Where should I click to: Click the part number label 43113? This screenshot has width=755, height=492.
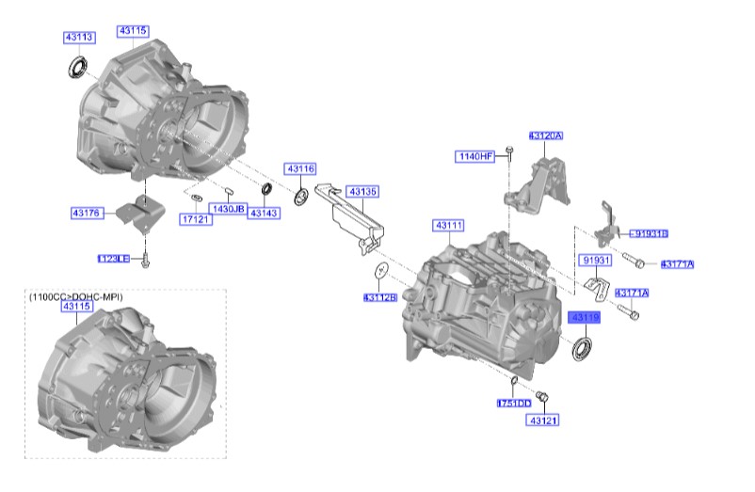point(79,38)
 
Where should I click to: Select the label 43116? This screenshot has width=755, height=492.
point(300,169)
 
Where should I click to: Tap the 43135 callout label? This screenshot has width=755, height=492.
point(362,192)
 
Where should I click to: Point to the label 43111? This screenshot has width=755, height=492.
point(449,226)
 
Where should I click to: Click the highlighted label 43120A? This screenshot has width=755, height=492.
point(545,136)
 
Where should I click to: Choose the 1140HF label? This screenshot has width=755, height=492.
point(475,156)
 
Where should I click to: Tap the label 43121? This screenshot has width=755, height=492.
point(543,421)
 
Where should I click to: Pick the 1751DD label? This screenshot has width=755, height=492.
point(514,403)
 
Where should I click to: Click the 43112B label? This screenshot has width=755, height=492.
point(380,297)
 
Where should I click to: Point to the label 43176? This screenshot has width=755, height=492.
point(87,214)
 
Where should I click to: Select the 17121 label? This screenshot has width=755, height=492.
point(194,219)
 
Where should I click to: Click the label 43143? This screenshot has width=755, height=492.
point(263,214)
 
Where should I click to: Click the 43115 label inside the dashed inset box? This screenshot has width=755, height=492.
point(77,307)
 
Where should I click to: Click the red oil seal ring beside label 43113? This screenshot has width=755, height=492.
point(77,67)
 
